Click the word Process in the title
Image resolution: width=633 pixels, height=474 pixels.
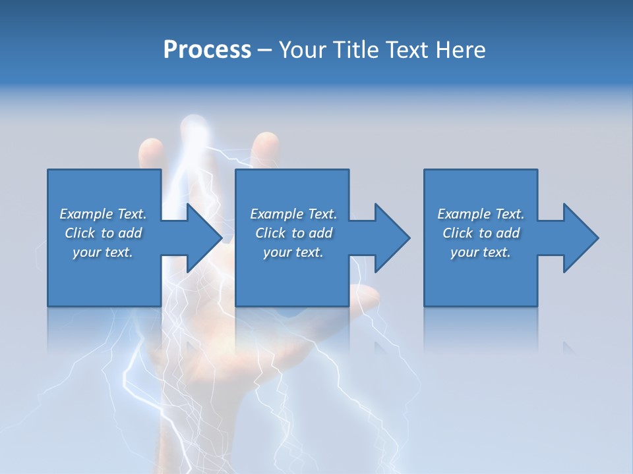coord(207,50)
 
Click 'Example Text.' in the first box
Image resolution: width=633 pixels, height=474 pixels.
coord(103,214)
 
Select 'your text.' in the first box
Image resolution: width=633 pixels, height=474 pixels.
coord(103,252)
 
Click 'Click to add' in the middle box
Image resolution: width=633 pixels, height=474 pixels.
coord(293,233)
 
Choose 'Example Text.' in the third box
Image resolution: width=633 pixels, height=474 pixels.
coord(481,214)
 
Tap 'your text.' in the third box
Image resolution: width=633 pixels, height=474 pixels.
coord(481,252)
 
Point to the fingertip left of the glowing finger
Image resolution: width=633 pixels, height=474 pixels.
coord(150,148)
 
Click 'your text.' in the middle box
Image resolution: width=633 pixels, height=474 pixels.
coord(293,252)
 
